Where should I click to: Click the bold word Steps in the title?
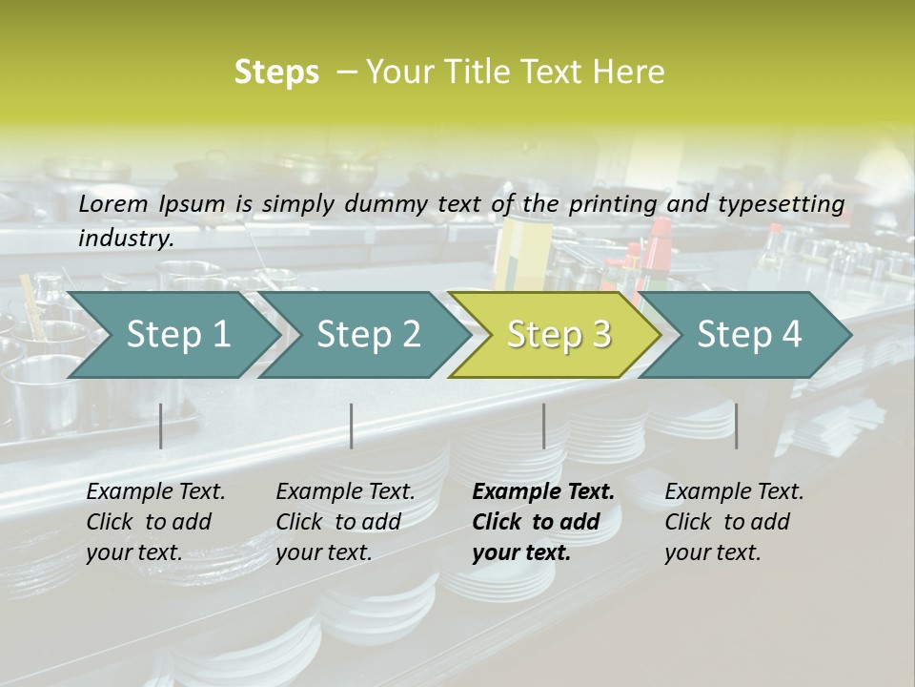tap(276, 73)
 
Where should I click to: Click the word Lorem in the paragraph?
tap(112, 203)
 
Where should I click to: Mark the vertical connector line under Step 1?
tap(161, 426)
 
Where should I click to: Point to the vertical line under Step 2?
tap(352, 426)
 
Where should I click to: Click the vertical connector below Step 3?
tap(544, 426)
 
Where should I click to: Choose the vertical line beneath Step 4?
tap(736, 426)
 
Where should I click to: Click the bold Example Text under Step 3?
tap(543, 491)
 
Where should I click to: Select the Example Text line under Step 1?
tap(155, 491)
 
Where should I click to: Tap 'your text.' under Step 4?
tap(712, 552)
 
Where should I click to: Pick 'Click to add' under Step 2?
tap(338, 522)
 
